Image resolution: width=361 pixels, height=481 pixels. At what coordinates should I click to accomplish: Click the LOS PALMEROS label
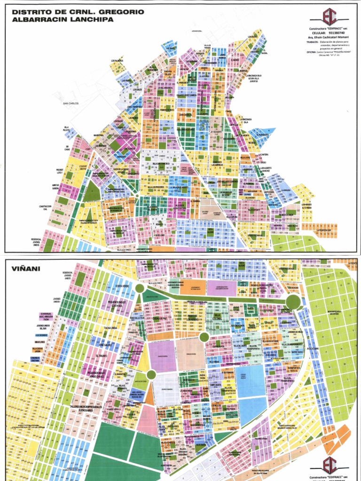117,60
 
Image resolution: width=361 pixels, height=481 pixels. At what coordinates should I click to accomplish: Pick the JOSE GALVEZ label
108,344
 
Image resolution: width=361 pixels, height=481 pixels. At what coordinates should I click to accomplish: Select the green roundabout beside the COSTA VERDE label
140,288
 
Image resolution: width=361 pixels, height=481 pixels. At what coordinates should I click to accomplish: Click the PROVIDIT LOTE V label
60,170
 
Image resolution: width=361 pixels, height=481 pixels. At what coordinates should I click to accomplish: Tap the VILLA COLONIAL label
217,316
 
